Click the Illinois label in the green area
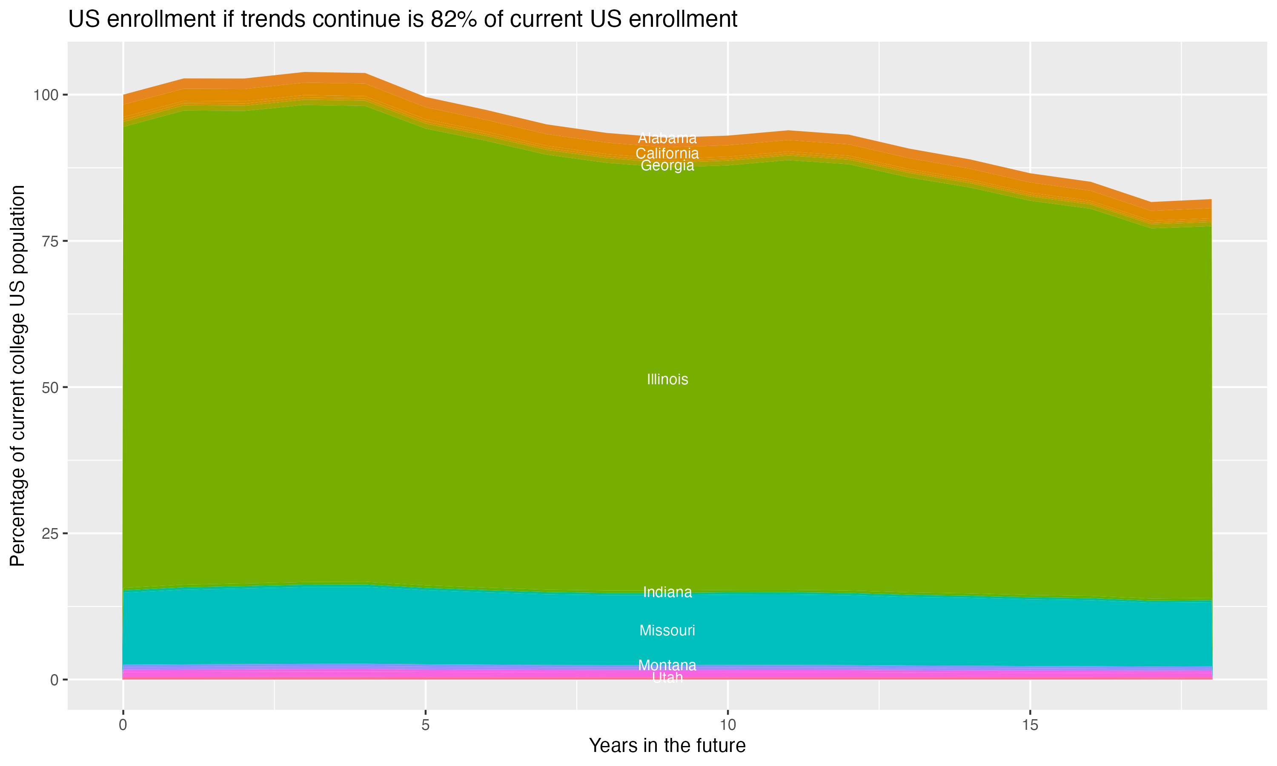(x=667, y=380)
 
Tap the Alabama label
(x=667, y=138)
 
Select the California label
(x=667, y=153)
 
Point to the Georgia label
(x=667, y=166)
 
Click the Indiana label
(x=667, y=592)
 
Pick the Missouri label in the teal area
(x=667, y=630)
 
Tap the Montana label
(x=667, y=665)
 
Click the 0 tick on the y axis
(x=54, y=680)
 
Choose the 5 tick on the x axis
(x=425, y=725)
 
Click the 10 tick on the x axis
(x=727, y=725)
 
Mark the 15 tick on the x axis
(x=1030, y=725)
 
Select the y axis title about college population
(x=17, y=376)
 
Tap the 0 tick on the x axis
(x=123, y=725)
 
